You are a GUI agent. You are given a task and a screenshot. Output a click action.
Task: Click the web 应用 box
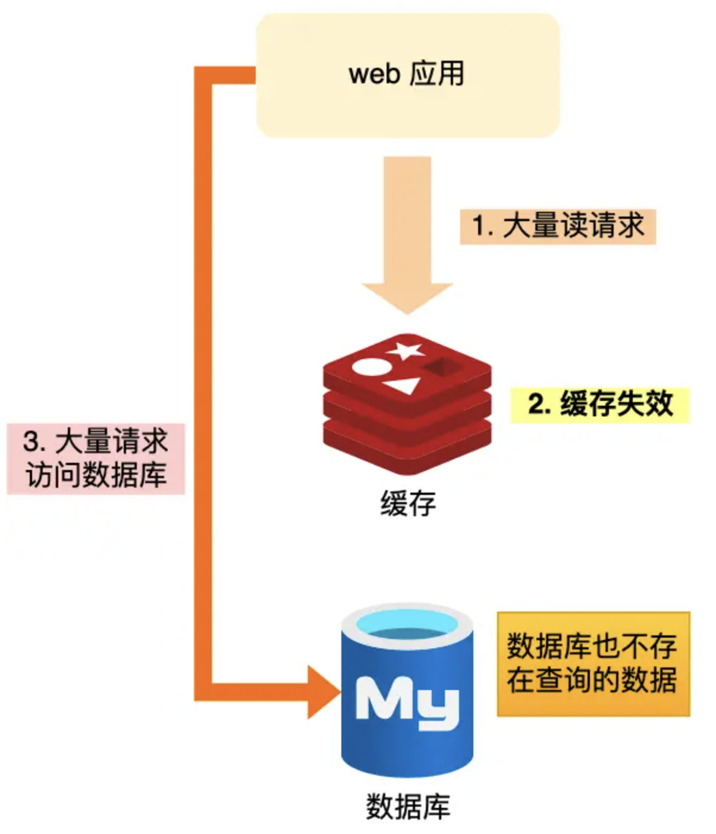tap(407, 76)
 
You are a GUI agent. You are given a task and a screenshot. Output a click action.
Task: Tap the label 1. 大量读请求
tap(557, 226)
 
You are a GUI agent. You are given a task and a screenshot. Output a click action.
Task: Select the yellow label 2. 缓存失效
tap(599, 405)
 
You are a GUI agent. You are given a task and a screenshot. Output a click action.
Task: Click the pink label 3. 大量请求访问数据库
tap(96, 459)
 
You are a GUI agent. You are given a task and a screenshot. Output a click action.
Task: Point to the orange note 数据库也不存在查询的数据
tap(593, 663)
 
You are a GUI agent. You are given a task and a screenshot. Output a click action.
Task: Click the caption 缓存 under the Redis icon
tap(408, 503)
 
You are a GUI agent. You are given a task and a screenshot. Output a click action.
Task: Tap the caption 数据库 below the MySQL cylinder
tap(408, 807)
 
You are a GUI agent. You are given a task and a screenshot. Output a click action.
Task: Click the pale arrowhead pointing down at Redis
tap(407, 297)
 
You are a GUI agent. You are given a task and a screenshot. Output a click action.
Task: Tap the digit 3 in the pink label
tap(30, 441)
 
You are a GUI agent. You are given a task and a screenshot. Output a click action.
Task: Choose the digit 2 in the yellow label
tap(535, 405)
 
